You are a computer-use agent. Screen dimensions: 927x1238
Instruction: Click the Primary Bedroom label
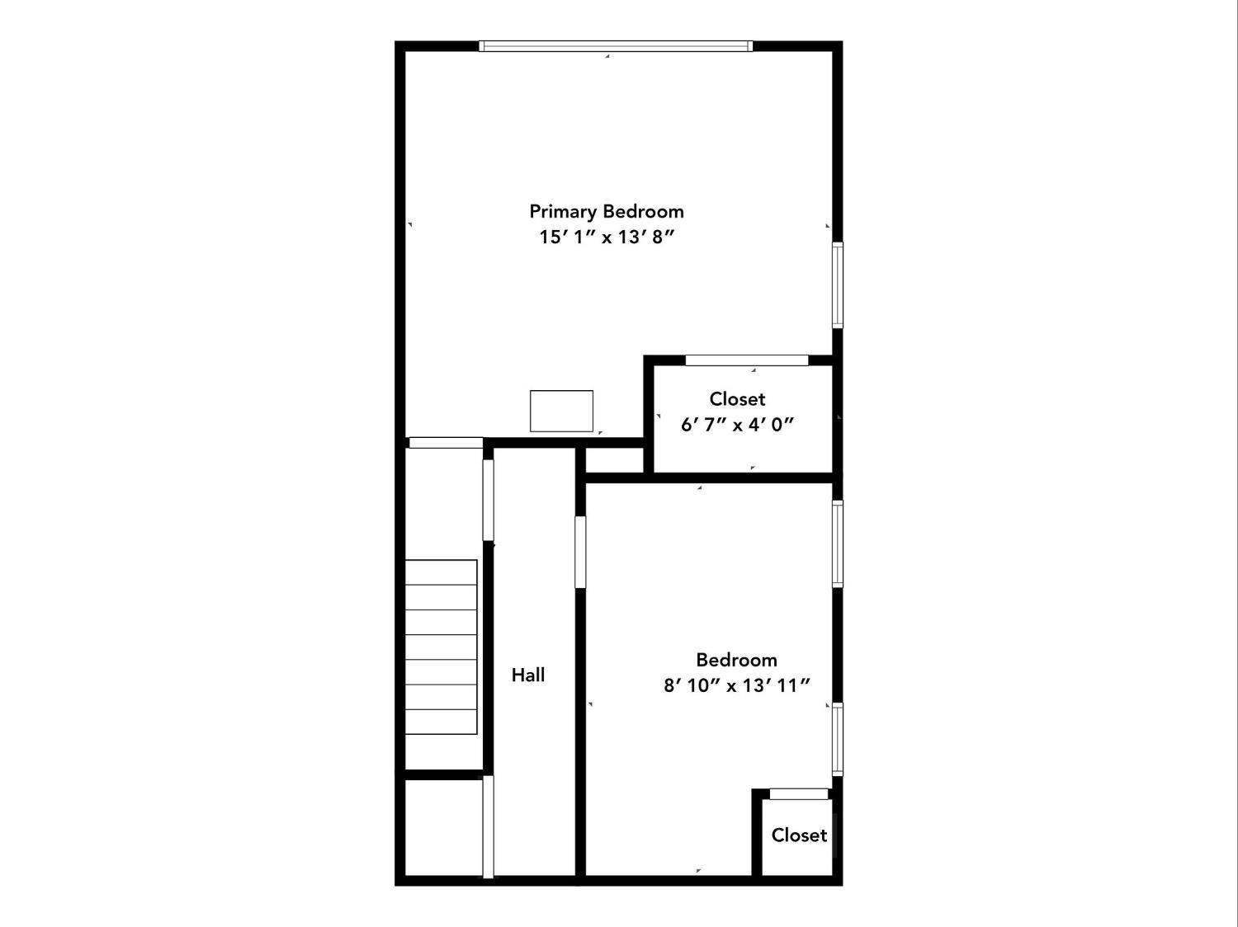click(x=607, y=211)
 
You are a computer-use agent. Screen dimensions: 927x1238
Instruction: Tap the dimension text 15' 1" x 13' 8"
click(x=607, y=238)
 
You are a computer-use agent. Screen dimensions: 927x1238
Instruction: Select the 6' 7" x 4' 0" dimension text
click(x=737, y=425)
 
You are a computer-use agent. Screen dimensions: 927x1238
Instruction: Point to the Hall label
click(x=528, y=675)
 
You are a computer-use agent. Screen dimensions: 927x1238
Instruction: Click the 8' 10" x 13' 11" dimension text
click(x=737, y=685)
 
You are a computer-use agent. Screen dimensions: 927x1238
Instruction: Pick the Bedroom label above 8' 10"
click(x=736, y=660)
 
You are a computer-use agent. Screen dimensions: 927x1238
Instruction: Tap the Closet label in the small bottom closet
click(x=799, y=835)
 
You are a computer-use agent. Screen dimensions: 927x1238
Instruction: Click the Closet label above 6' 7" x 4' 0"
click(x=737, y=399)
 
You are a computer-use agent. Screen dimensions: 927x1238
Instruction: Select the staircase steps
click(x=441, y=647)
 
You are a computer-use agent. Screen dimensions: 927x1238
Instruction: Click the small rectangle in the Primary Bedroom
click(x=561, y=411)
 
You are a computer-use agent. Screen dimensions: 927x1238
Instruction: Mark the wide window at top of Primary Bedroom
click(x=616, y=46)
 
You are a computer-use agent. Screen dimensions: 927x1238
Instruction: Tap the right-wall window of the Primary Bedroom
click(x=837, y=285)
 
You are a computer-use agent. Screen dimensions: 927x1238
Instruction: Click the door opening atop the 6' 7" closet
click(x=747, y=360)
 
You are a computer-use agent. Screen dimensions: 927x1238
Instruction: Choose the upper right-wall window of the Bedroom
click(x=837, y=544)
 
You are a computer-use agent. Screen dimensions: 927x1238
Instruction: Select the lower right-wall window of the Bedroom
click(x=837, y=738)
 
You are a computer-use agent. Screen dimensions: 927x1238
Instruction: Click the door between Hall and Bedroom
click(x=580, y=552)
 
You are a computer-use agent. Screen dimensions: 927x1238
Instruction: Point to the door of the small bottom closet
click(x=798, y=793)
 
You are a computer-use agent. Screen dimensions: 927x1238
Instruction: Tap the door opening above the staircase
click(x=446, y=443)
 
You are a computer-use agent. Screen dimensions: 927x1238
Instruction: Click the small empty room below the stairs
click(x=443, y=827)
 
